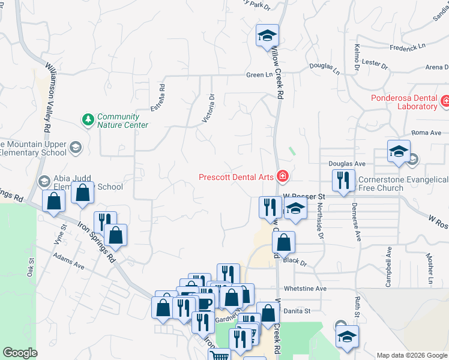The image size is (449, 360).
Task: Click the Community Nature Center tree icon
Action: [88, 120]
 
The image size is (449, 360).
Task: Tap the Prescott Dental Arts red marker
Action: [282, 176]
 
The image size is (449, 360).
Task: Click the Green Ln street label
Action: [259, 75]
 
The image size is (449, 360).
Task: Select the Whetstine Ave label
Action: [305, 289]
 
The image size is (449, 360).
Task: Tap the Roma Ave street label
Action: [426, 133]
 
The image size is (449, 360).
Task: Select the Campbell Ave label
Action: [389, 273]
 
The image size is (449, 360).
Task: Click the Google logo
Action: [20, 353]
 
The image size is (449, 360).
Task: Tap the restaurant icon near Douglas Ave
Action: [342, 181]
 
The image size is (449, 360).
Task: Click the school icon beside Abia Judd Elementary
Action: [44, 181]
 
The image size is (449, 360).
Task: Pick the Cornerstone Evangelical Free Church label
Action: [403, 184]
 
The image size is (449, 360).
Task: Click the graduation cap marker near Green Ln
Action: [267, 35]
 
